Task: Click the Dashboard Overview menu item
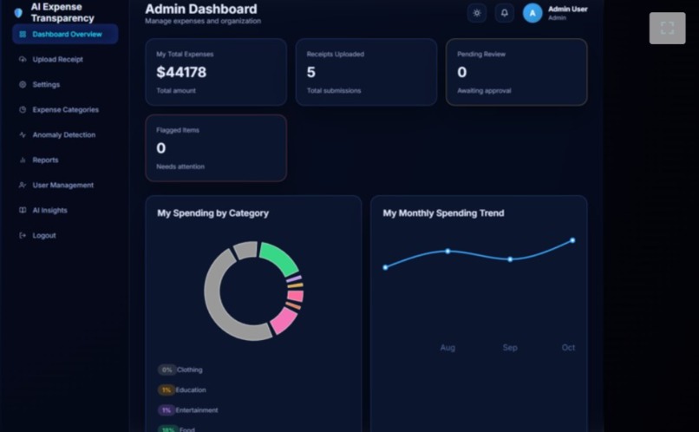click(66, 35)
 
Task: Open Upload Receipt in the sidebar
click(57, 60)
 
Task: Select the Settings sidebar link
click(46, 85)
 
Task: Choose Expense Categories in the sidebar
click(65, 110)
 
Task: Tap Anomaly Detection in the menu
click(63, 135)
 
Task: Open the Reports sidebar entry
click(45, 160)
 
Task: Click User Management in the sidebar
click(62, 186)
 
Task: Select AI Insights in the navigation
click(49, 211)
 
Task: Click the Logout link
click(43, 236)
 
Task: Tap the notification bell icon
click(505, 13)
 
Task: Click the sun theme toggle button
click(477, 13)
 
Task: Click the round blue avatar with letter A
click(532, 13)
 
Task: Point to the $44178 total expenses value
click(181, 73)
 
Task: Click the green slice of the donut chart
click(279, 257)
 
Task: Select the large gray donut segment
click(221, 304)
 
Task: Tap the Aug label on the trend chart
click(447, 348)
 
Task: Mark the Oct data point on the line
click(572, 240)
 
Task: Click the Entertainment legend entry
click(196, 410)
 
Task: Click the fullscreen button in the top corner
click(667, 28)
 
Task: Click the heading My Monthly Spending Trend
click(443, 213)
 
